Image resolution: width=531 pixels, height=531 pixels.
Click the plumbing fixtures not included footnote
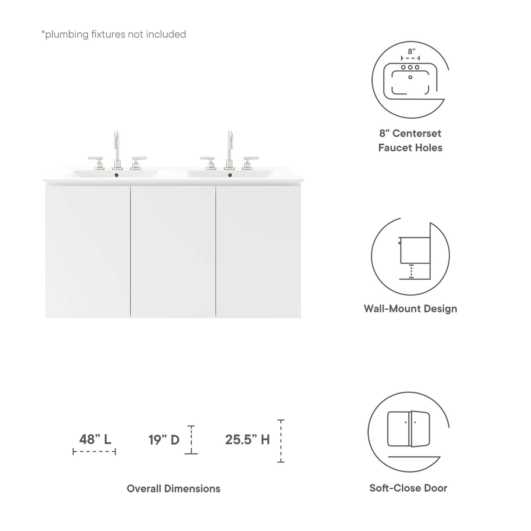pos(114,34)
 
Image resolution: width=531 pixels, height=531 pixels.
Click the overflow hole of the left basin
pos(117,175)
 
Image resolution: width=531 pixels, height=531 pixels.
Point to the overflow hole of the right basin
pos(230,175)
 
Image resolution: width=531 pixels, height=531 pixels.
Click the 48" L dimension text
pos(95,439)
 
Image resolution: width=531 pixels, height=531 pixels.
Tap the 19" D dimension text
pos(164,439)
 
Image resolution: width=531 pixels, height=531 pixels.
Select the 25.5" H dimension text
pos(247,439)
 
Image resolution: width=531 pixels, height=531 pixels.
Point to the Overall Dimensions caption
pos(173,488)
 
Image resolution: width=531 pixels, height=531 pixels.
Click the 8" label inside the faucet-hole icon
pos(411,52)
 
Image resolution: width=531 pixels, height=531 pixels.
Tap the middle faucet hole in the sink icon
pos(410,68)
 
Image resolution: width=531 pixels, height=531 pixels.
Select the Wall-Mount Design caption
pos(410,308)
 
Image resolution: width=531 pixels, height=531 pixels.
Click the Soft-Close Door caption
pos(408,488)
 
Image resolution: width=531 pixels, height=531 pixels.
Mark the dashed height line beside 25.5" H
pos(281,441)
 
